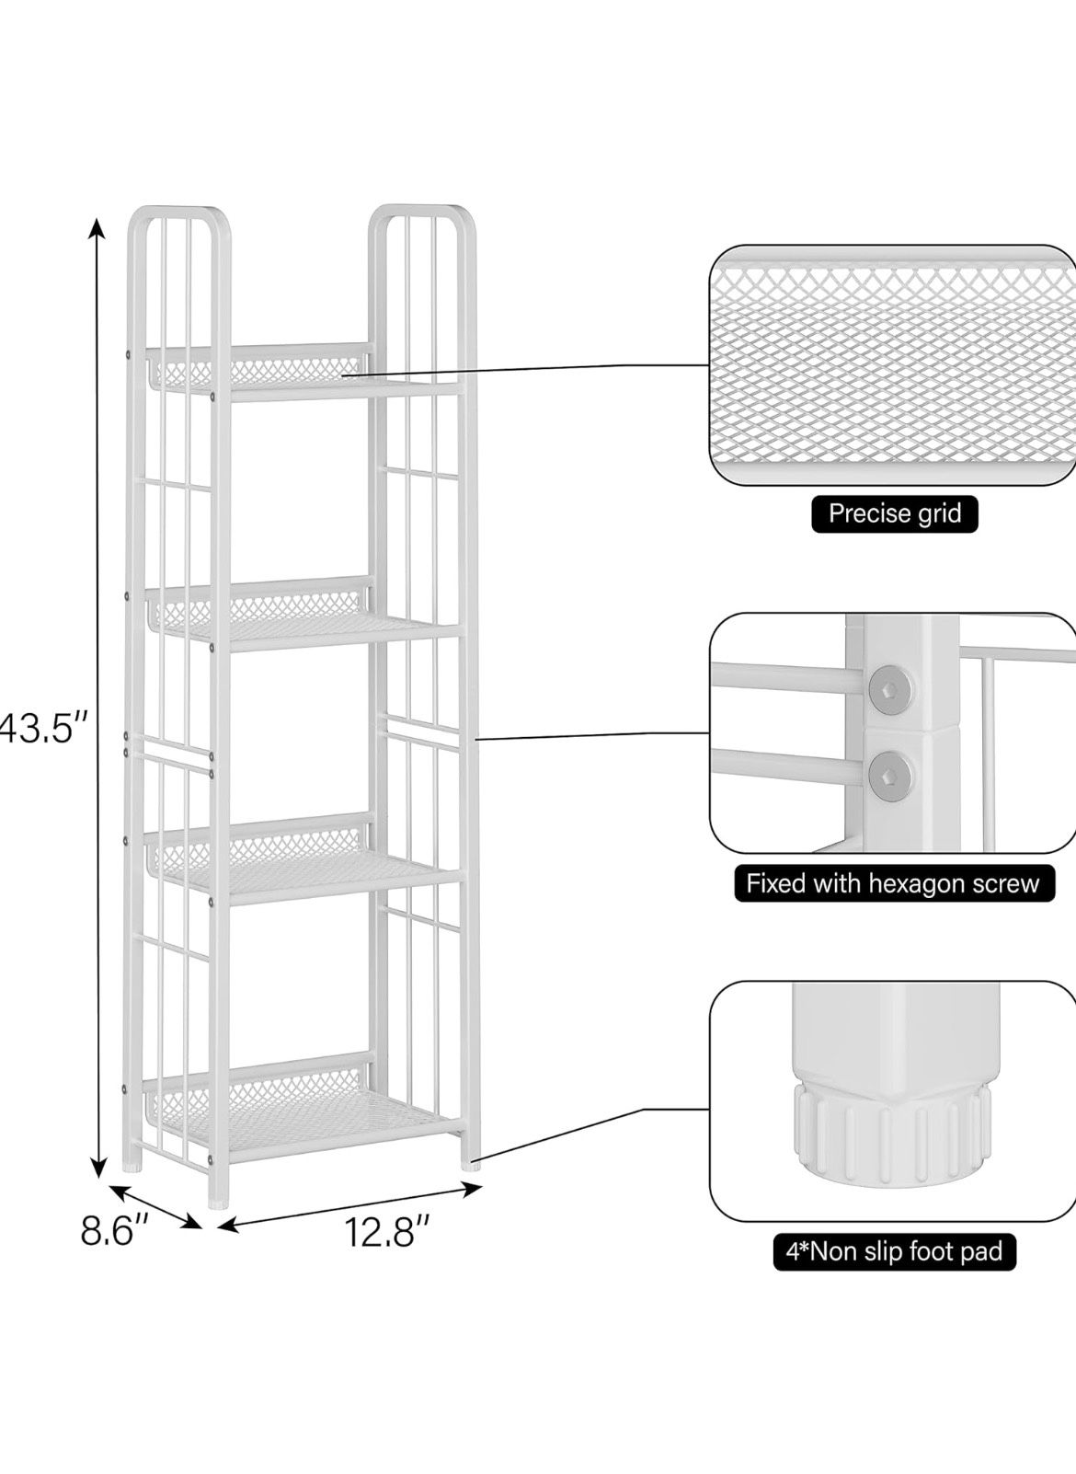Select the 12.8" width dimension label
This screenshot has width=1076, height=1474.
[387, 1231]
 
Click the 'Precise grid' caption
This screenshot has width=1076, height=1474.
[894, 512]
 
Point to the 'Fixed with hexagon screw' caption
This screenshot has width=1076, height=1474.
[892, 884]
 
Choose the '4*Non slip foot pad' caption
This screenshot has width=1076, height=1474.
[893, 1251]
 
